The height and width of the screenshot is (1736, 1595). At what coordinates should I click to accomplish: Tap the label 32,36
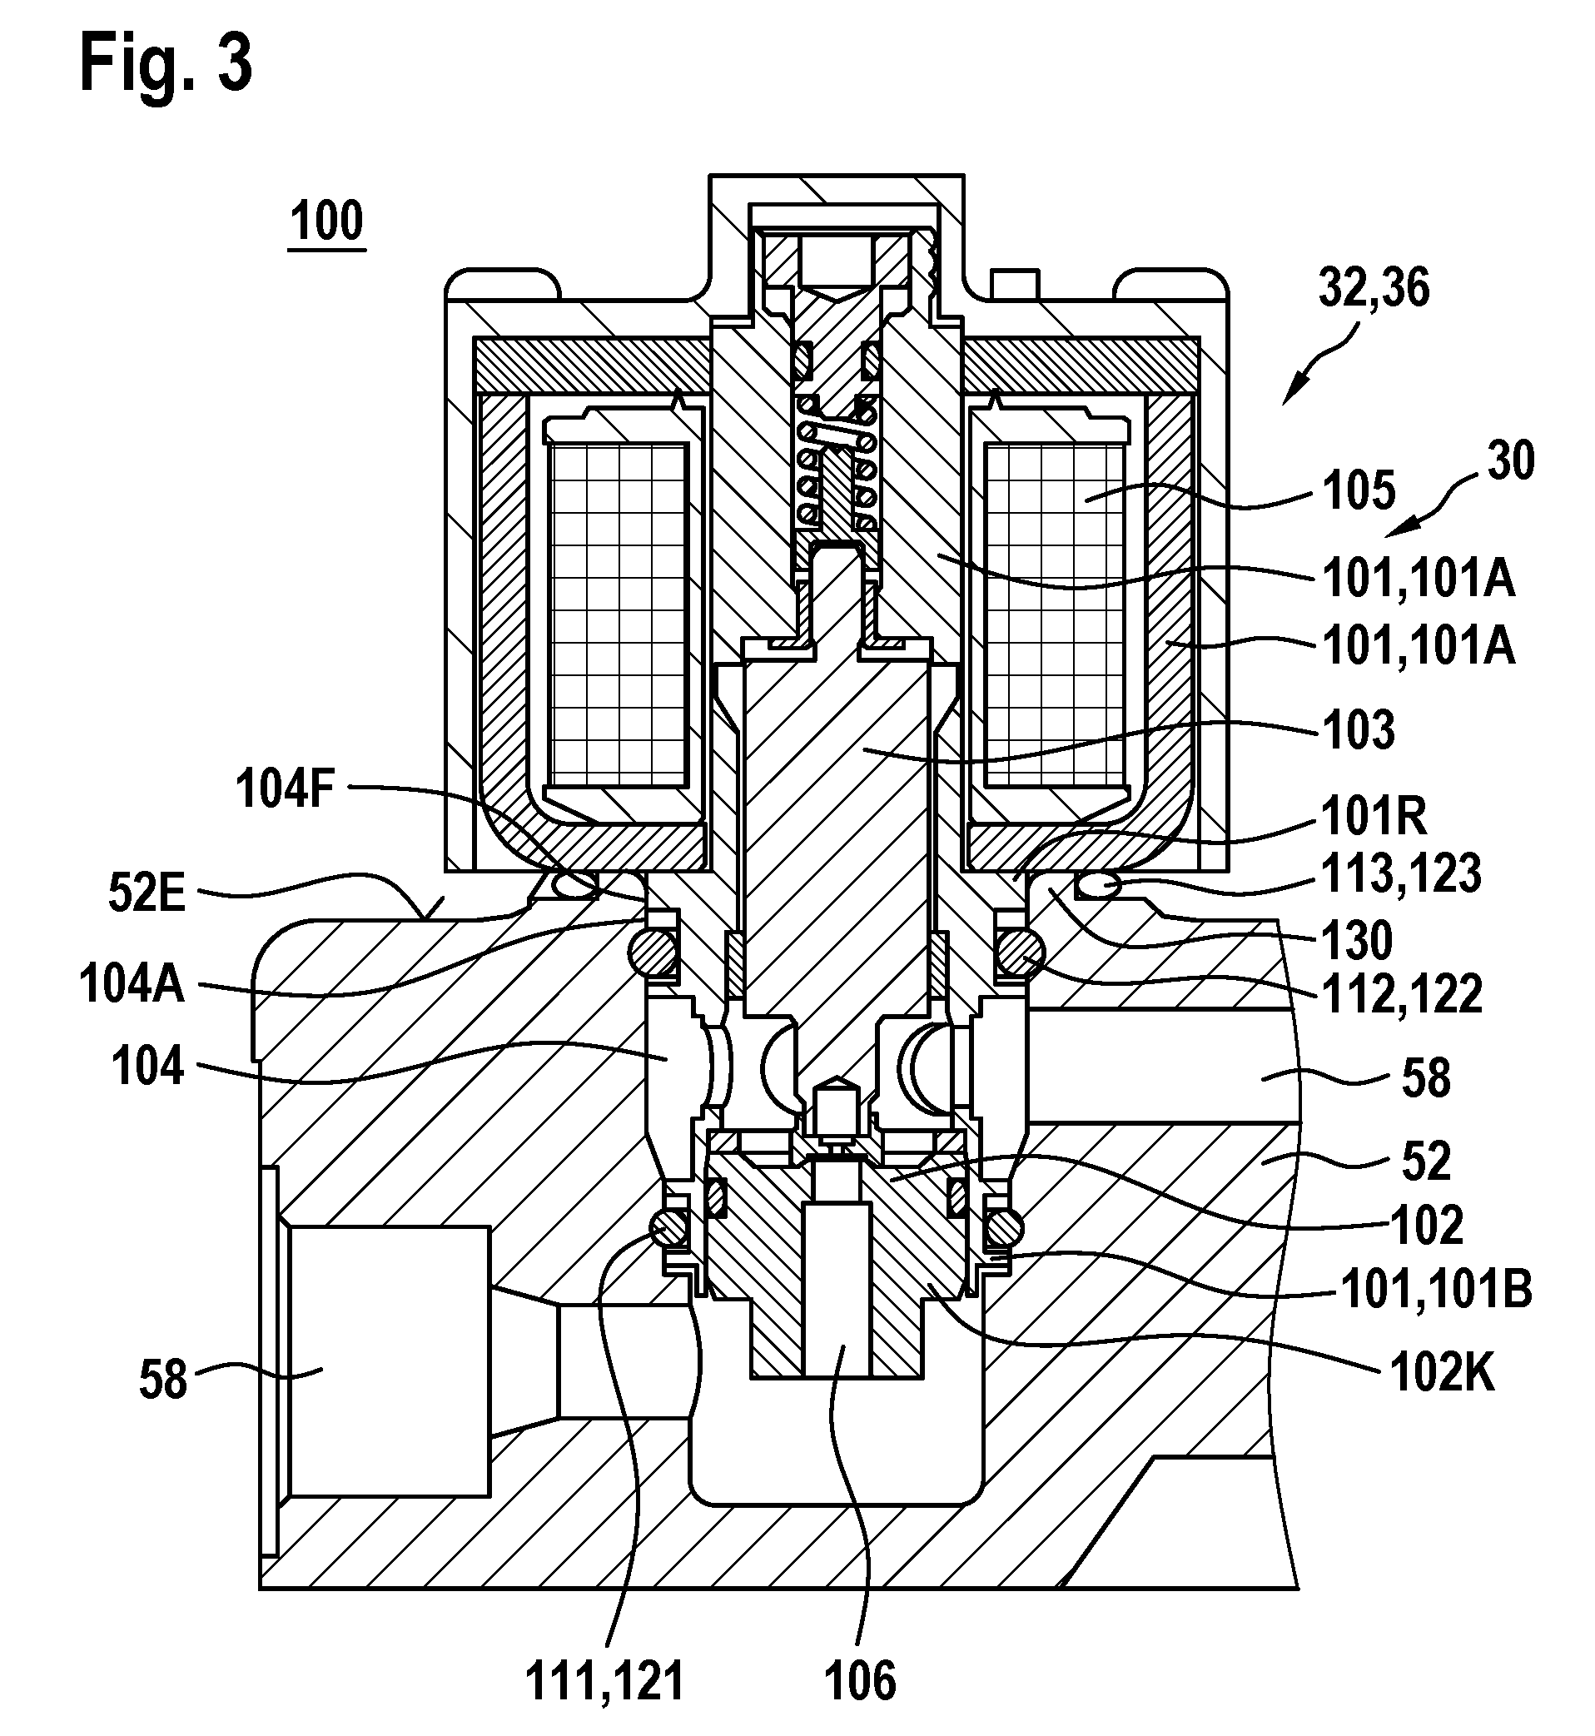(1374, 287)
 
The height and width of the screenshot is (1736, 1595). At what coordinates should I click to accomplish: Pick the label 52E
(147, 895)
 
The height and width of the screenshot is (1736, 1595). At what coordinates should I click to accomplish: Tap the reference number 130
(1358, 939)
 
